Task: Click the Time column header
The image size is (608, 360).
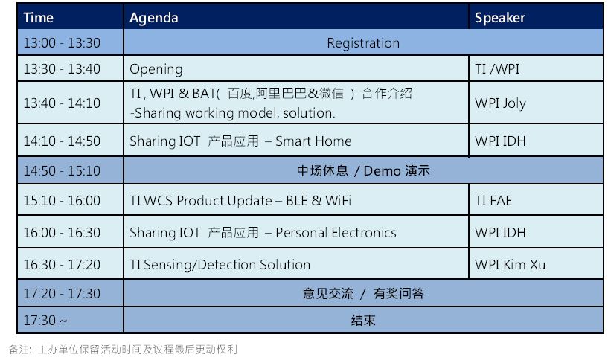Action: pyautogui.click(x=38, y=17)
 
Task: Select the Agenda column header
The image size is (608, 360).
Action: pyautogui.click(x=154, y=18)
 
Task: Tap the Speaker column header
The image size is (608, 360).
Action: pyautogui.click(x=500, y=18)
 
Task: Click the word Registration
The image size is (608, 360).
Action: pyautogui.click(x=363, y=43)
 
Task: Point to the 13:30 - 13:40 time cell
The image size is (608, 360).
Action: pyautogui.click(x=62, y=68)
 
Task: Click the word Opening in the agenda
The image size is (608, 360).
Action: pyautogui.click(x=156, y=69)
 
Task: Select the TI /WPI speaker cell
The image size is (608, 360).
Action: pyautogui.click(x=497, y=68)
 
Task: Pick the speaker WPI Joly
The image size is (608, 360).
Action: pyautogui.click(x=500, y=103)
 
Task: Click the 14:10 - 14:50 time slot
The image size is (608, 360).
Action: pyautogui.click(x=62, y=141)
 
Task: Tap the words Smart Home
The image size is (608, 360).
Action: pyautogui.click(x=313, y=141)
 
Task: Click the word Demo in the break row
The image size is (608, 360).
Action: pyautogui.click(x=382, y=171)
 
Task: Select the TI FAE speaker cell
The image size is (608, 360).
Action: pyautogui.click(x=493, y=200)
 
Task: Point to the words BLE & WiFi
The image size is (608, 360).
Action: pyautogui.click(x=319, y=200)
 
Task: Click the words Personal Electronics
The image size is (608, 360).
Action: pyautogui.click(x=336, y=233)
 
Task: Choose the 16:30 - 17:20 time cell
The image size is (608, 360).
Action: pyautogui.click(x=62, y=264)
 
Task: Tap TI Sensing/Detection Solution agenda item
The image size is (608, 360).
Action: pyautogui.click(x=220, y=265)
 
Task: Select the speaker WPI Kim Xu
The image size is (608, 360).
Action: pyautogui.click(x=510, y=264)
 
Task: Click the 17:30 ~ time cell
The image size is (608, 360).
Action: pyautogui.click(x=45, y=320)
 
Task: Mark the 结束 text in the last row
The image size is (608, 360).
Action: pyautogui.click(x=363, y=321)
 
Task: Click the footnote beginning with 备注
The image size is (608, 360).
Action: pyautogui.click(x=123, y=350)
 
